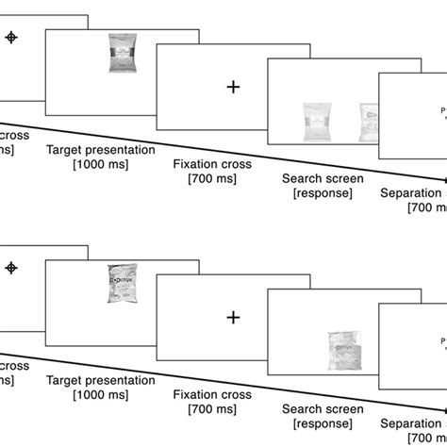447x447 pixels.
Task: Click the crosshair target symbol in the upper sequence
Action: coord(12,37)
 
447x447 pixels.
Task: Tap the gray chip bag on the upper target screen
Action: coord(123,53)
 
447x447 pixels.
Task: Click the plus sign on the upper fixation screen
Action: coord(233,87)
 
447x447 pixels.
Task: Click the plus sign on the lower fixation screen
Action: coord(233,318)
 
